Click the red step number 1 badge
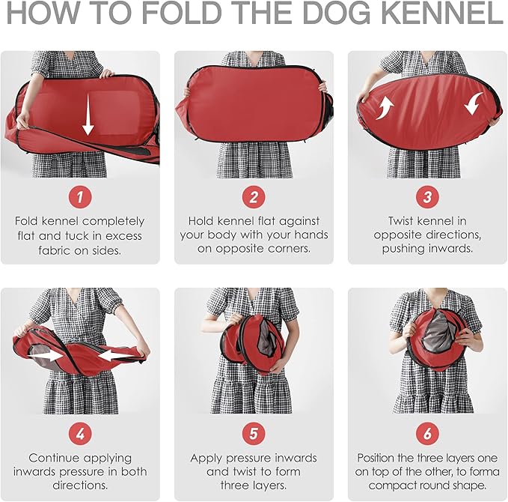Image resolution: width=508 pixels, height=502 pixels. (x=80, y=196)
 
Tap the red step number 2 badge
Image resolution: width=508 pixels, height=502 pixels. (x=254, y=196)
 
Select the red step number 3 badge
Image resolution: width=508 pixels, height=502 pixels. (x=428, y=196)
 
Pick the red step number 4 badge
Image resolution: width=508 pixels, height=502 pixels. (x=80, y=433)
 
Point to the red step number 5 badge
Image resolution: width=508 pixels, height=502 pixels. (x=254, y=433)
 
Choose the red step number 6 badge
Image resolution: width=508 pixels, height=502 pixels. (x=428, y=433)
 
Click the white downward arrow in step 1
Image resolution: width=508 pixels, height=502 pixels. (x=88, y=114)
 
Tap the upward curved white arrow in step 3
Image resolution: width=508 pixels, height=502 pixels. (x=385, y=109)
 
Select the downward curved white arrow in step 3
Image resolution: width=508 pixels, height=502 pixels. (x=474, y=103)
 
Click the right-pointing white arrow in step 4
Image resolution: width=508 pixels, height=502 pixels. (x=46, y=356)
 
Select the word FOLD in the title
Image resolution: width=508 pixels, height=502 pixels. (x=181, y=13)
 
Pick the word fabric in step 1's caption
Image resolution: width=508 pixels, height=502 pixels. (x=54, y=250)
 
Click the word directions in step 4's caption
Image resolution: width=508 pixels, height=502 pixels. (x=80, y=485)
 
